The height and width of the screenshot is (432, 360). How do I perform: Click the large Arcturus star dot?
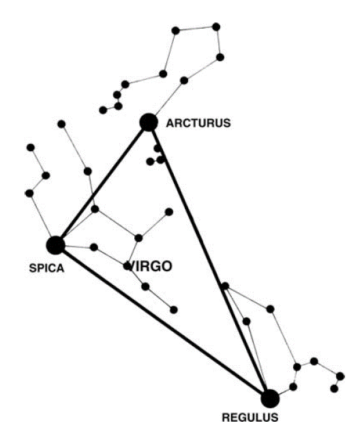point(149,122)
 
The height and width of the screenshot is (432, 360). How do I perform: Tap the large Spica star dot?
point(56,245)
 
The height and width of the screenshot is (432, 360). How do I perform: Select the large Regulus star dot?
point(270,399)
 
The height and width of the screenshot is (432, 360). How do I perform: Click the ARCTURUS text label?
point(198,123)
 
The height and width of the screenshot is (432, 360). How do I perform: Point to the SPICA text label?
point(46,268)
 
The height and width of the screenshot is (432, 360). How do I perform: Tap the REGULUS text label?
point(250,418)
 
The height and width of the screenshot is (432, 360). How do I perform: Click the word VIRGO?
point(151,266)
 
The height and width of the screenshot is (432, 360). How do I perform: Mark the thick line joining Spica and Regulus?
point(163,322)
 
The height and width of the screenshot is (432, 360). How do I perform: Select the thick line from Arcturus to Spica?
point(102,183)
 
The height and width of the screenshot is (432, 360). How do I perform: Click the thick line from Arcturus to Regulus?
point(209,260)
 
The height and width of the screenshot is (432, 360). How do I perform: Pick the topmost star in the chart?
point(216,27)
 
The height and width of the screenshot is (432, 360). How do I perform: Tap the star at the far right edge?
point(340,376)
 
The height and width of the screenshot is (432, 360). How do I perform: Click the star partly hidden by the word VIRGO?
point(127,266)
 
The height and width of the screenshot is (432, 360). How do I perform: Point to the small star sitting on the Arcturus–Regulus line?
point(225,286)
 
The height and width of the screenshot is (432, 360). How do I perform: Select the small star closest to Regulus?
point(293,387)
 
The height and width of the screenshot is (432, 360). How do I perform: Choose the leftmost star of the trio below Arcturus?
point(150,161)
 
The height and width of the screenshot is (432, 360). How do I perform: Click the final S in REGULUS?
point(274,418)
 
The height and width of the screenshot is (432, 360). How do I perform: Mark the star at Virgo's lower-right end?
point(174,310)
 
